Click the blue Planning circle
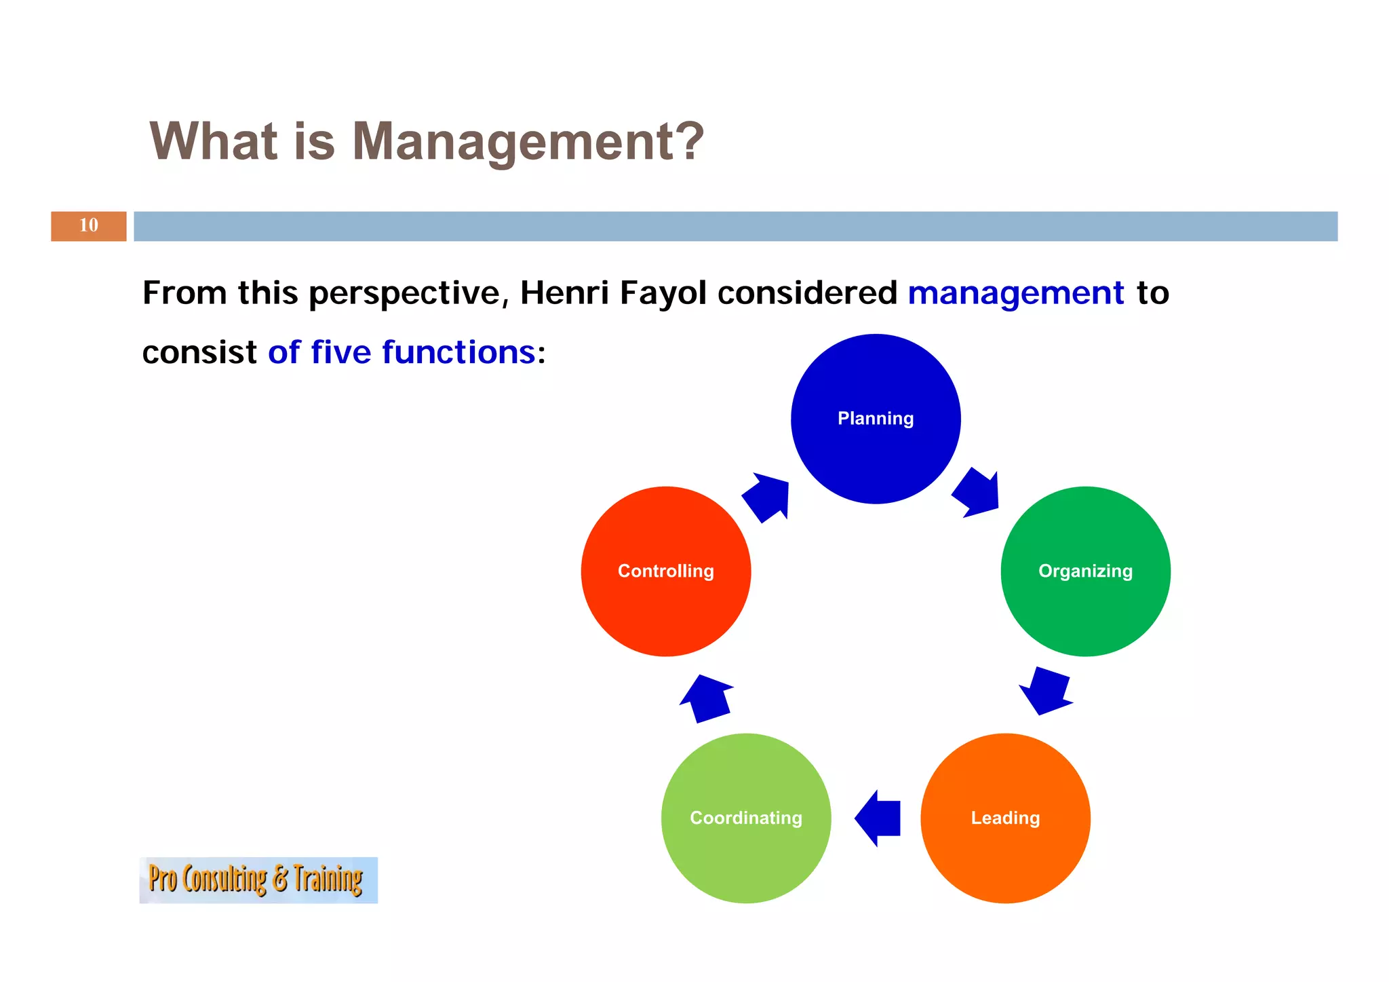(x=876, y=419)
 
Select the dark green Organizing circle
(x=1085, y=571)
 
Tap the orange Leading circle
(x=1005, y=818)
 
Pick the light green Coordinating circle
(x=746, y=818)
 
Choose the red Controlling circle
(x=666, y=571)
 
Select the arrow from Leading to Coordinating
(x=878, y=818)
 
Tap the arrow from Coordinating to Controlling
(x=707, y=699)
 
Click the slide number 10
(x=89, y=226)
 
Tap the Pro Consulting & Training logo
(x=258, y=880)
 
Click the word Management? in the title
(x=528, y=142)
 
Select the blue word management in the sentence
(x=1015, y=293)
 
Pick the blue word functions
(x=458, y=352)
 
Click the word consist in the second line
(x=199, y=353)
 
